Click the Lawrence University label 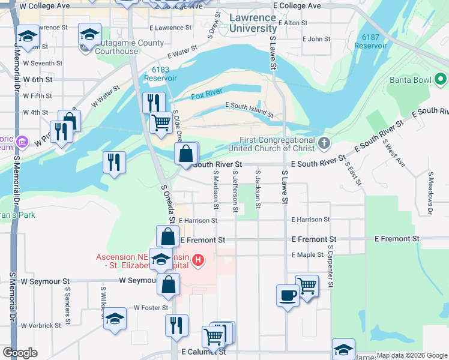(x=253, y=23)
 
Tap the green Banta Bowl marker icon (x=440, y=79)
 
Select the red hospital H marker (x=198, y=261)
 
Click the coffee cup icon (x=288, y=295)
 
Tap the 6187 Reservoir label (x=370, y=41)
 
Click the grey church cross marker (x=325, y=143)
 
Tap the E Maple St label (x=307, y=255)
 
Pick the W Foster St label (x=150, y=308)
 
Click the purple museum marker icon (x=23, y=142)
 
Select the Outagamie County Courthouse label (x=123, y=47)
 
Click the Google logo (x=20, y=353)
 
